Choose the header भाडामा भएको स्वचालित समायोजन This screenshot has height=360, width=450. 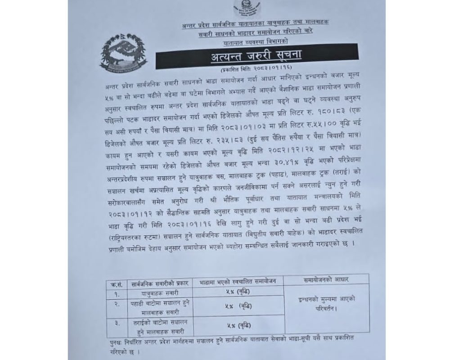point(237,282)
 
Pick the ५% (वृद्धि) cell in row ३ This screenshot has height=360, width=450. point(237,325)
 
